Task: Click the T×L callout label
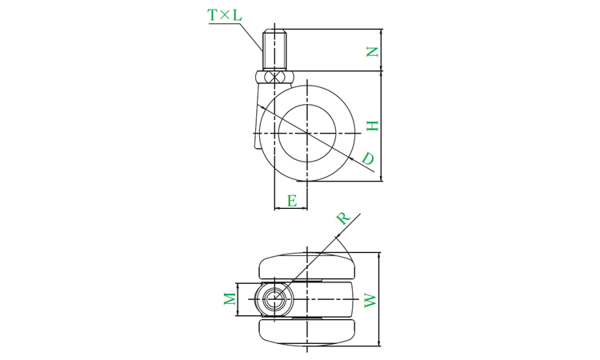pos(225,15)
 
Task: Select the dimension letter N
pos(372,52)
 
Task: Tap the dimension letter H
pos(372,126)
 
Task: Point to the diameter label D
pos(368,158)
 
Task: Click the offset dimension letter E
pos(292,201)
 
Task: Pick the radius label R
pos(343,218)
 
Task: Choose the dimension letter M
pos(230,298)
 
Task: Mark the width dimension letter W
pos(370,301)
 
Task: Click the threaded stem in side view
pos(274,50)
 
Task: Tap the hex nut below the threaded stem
pos(274,77)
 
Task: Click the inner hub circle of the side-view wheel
pos(307,133)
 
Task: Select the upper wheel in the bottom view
pos(307,266)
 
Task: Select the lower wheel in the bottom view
pos(307,332)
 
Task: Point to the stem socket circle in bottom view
pos(274,298)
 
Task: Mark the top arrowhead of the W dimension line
pos(379,255)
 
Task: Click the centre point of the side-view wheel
pos(307,133)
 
